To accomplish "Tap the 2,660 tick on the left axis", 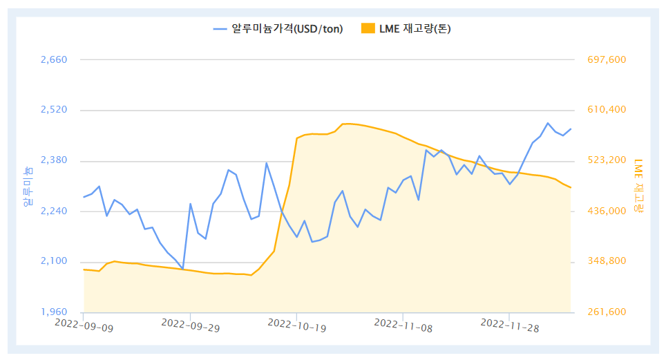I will [x=54, y=59].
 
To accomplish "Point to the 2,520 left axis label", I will [x=54, y=110].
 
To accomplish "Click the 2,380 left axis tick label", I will [x=54, y=160].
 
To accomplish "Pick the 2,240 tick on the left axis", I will [x=54, y=211].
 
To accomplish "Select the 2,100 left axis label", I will [x=54, y=261].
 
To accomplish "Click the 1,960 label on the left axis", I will [x=54, y=312].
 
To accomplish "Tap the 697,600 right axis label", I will [x=606, y=59].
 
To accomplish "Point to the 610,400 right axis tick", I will [x=606, y=110].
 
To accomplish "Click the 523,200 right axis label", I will [x=606, y=160].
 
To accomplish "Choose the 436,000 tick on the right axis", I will [x=606, y=211].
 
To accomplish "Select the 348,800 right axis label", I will [x=606, y=261].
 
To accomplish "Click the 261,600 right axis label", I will [x=606, y=312].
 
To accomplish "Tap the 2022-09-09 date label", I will [x=84, y=325].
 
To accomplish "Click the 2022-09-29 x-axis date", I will [x=190, y=325].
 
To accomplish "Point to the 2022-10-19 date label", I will [x=296, y=325].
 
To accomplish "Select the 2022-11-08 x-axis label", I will [x=403, y=325].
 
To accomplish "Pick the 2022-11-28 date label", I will [x=509, y=325].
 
